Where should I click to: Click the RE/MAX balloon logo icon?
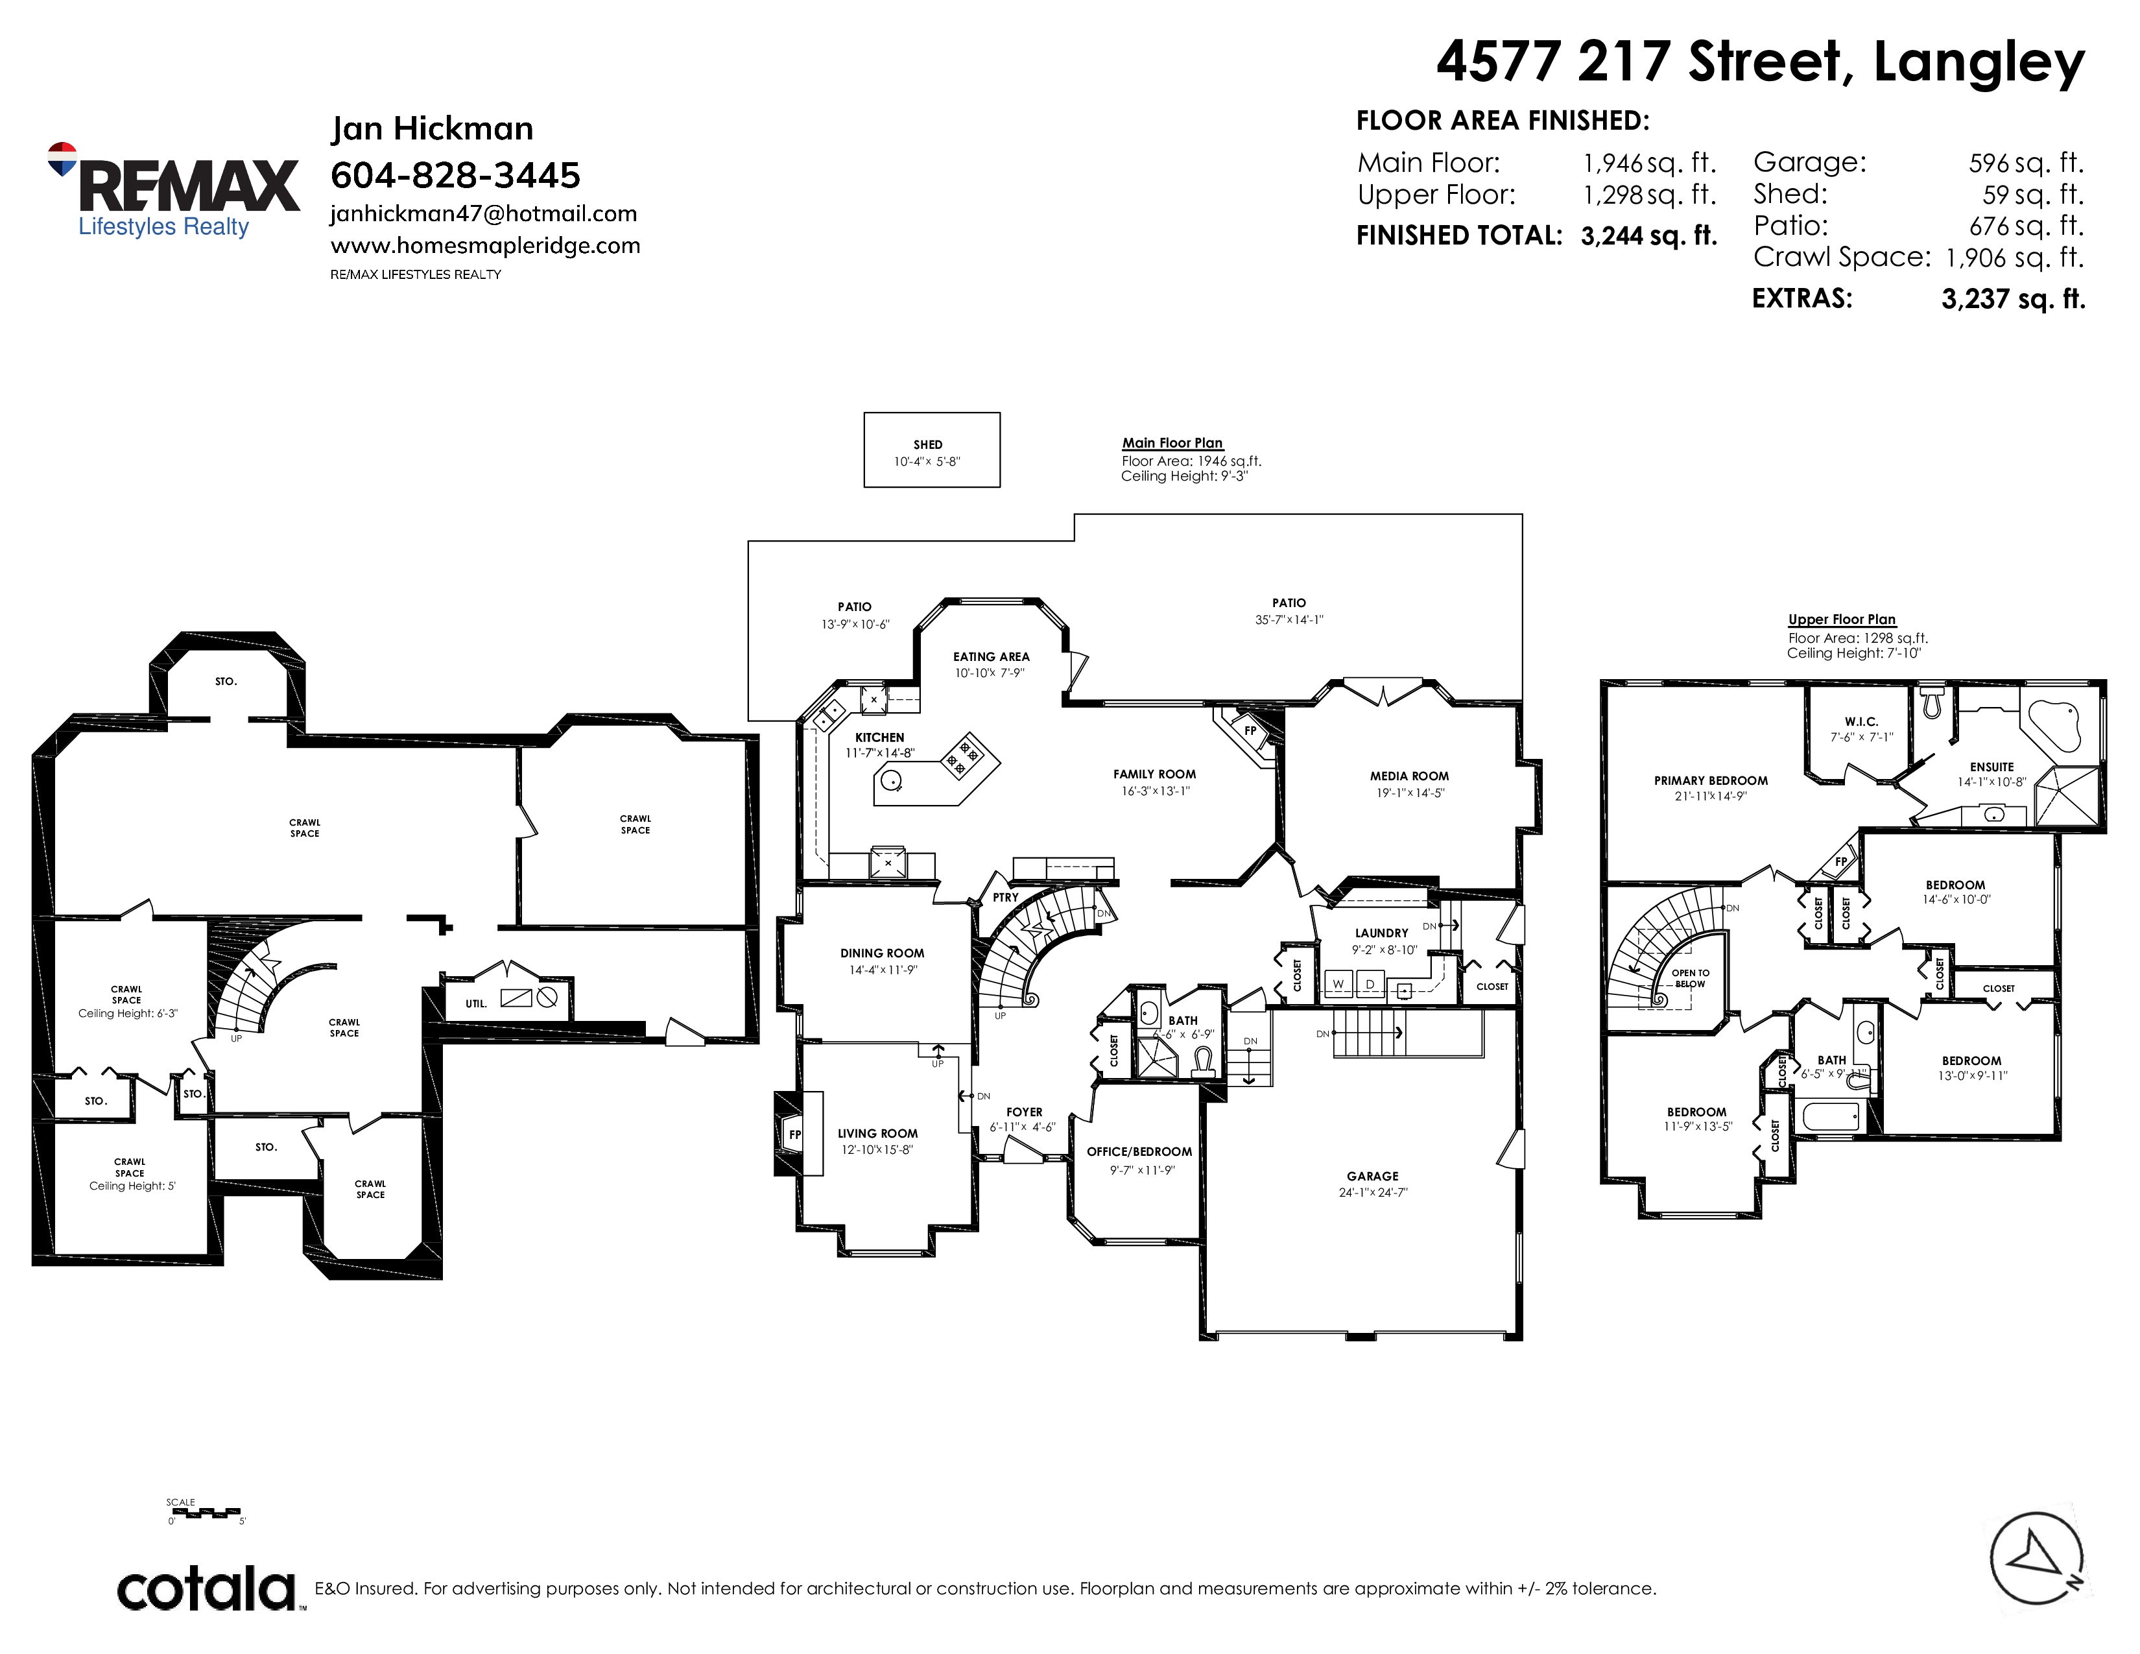tap(62, 160)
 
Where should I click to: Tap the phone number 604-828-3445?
tap(456, 175)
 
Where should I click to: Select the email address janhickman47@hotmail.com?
tap(484, 213)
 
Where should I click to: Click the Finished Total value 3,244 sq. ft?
tap(1649, 236)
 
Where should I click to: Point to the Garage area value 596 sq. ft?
tap(2027, 163)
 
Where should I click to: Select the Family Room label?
tap(1154, 774)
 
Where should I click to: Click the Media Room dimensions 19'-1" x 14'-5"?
tap(1410, 793)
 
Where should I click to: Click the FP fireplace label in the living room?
tap(794, 1134)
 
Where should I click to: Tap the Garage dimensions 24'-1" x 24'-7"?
tap(1373, 1192)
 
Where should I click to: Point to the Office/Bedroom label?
tap(1139, 1151)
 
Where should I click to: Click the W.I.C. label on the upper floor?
tap(1862, 721)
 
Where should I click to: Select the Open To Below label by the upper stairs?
tap(1690, 978)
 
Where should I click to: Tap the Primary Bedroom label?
tap(1711, 781)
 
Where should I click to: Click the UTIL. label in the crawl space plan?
tap(476, 1003)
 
